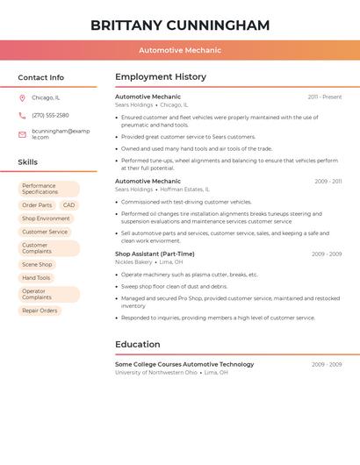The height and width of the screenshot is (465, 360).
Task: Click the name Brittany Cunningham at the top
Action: coord(180,25)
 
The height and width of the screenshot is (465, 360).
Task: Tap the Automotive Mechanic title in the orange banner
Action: coord(180,50)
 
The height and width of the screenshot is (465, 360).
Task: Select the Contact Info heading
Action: coord(41,77)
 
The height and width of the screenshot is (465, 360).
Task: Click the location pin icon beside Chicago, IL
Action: coord(22,97)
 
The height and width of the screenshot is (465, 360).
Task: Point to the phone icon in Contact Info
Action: coord(22,115)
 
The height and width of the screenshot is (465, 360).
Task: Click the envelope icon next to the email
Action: coord(22,134)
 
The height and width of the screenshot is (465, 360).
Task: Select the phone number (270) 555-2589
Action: coord(50,115)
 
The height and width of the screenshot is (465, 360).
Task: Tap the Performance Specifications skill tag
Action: coord(49,189)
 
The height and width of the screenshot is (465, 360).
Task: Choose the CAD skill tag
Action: coord(68,205)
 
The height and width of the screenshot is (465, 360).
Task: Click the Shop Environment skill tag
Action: coord(46,218)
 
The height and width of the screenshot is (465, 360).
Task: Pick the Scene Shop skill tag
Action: coord(37,264)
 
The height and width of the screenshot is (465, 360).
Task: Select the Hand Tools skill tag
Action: coord(36,278)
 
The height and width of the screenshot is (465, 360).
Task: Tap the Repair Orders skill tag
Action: coord(40,311)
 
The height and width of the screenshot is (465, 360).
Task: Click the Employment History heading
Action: coord(161,77)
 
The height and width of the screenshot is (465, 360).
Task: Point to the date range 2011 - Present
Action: coord(324,97)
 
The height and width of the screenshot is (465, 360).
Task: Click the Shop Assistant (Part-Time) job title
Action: coord(155,254)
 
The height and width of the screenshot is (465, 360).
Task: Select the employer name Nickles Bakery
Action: coord(133,261)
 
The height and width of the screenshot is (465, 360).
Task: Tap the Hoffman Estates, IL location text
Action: coord(184,189)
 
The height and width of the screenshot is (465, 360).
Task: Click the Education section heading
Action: coord(138,344)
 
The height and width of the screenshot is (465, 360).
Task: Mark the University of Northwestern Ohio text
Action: coord(156,372)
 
